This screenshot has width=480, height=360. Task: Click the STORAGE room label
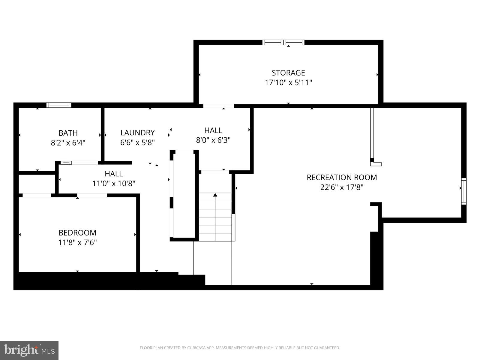(288, 73)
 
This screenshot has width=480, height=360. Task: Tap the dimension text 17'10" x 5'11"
(288, 82)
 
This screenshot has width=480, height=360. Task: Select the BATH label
(68, 133)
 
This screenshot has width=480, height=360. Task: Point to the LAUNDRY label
(137, 133)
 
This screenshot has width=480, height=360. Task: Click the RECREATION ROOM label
(342, 177)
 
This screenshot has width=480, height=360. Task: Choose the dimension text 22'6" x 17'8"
(342, 187)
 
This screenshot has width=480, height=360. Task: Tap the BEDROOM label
(77, 233)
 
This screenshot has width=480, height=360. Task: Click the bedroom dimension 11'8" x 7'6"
(77, 242)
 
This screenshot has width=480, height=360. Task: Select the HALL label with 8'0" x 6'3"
(213, 130)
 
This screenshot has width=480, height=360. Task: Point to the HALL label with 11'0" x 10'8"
(114, 174)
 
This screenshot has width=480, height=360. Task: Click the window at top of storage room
(283, 42)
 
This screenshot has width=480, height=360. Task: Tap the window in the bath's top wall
(59, 105)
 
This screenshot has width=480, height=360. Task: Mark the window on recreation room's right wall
(464, 191)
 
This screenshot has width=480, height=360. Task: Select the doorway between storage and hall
(218, 106)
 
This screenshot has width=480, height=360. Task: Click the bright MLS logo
(29, 350)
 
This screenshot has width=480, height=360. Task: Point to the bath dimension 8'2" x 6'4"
(68, 142)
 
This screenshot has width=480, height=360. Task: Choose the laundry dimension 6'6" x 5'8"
(137, 142)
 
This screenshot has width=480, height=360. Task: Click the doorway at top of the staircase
(215, 172)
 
